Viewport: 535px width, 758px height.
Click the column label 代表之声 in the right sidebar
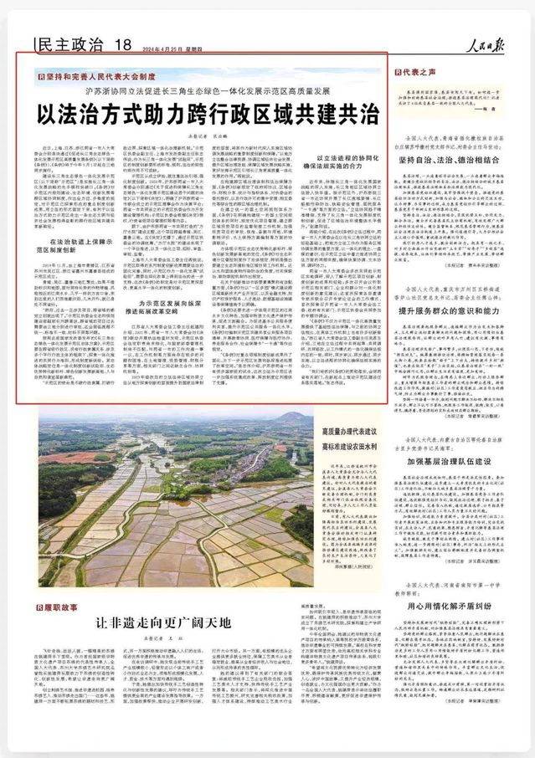click(x=420, y=73)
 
